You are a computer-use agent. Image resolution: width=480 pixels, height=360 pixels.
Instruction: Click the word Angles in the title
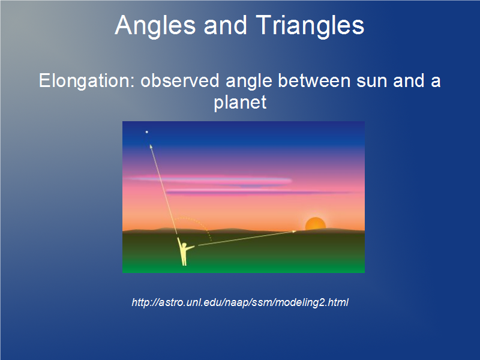coord(155,26)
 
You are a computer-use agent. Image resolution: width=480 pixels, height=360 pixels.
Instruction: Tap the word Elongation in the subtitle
coord(86,82)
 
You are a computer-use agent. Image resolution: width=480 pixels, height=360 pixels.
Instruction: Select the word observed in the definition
coord(180,80)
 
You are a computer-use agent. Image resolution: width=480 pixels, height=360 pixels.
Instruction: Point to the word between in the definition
coord(314,80)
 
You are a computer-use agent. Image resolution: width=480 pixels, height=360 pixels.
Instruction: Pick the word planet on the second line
coord(240,103)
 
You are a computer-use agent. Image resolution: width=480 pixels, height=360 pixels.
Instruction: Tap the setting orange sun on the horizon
coord(316,224)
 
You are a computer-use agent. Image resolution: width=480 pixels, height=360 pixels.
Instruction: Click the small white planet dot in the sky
coord(146,132)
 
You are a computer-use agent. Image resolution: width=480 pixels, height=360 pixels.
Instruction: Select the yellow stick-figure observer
coord(184,251)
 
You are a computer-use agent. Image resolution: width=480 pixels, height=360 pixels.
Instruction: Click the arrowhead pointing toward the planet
coord(151,146)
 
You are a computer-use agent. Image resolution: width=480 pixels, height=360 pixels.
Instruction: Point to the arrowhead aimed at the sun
coord(294,232)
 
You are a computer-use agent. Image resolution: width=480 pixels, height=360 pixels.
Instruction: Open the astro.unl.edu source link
coord(240,302)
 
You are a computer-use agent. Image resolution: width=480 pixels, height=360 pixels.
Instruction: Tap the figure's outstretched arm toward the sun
coord(190,248)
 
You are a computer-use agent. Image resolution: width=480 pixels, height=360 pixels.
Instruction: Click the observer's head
coord(184,245)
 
